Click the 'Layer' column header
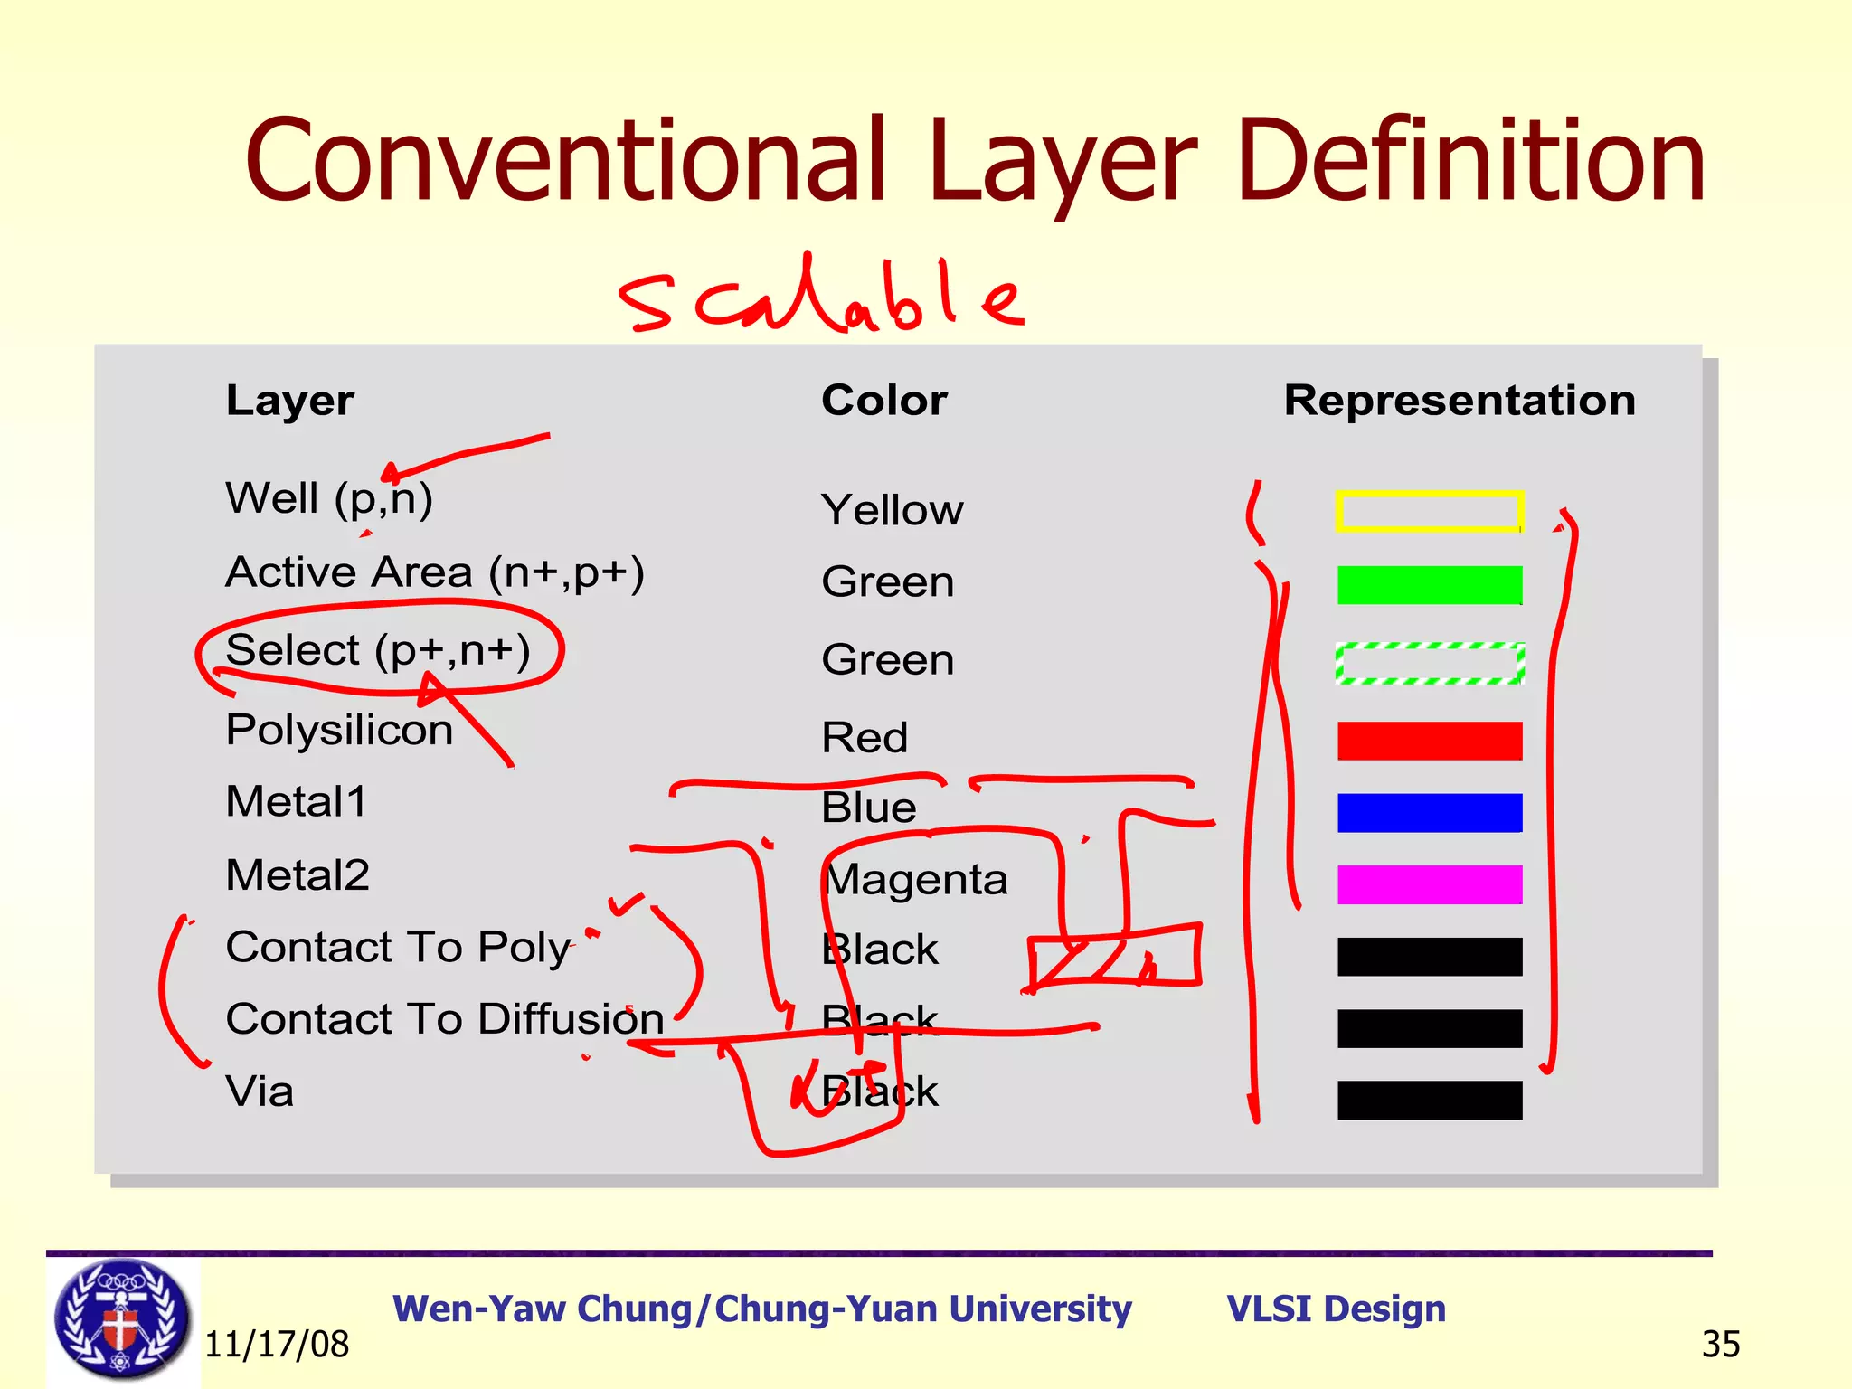click(289, 401)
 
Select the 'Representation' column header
click(1459, 401)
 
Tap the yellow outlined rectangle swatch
click(1429, 511)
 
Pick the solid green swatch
click(1429, 585)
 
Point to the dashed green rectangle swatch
click(1429, 663)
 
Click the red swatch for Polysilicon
click(1429, 741)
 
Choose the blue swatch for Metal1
click(1429, 812)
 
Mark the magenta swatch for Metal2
click(1429, 884)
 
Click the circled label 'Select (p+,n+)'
click(378, 650)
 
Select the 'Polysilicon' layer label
click(339, 730)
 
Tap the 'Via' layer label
click(260, 1091)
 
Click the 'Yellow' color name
click(892, 510)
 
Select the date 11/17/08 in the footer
click(277, 1345)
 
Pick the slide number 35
click(1720, 1345)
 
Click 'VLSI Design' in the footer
click(1336, 1309)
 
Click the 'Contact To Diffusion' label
click(445, 1019)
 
